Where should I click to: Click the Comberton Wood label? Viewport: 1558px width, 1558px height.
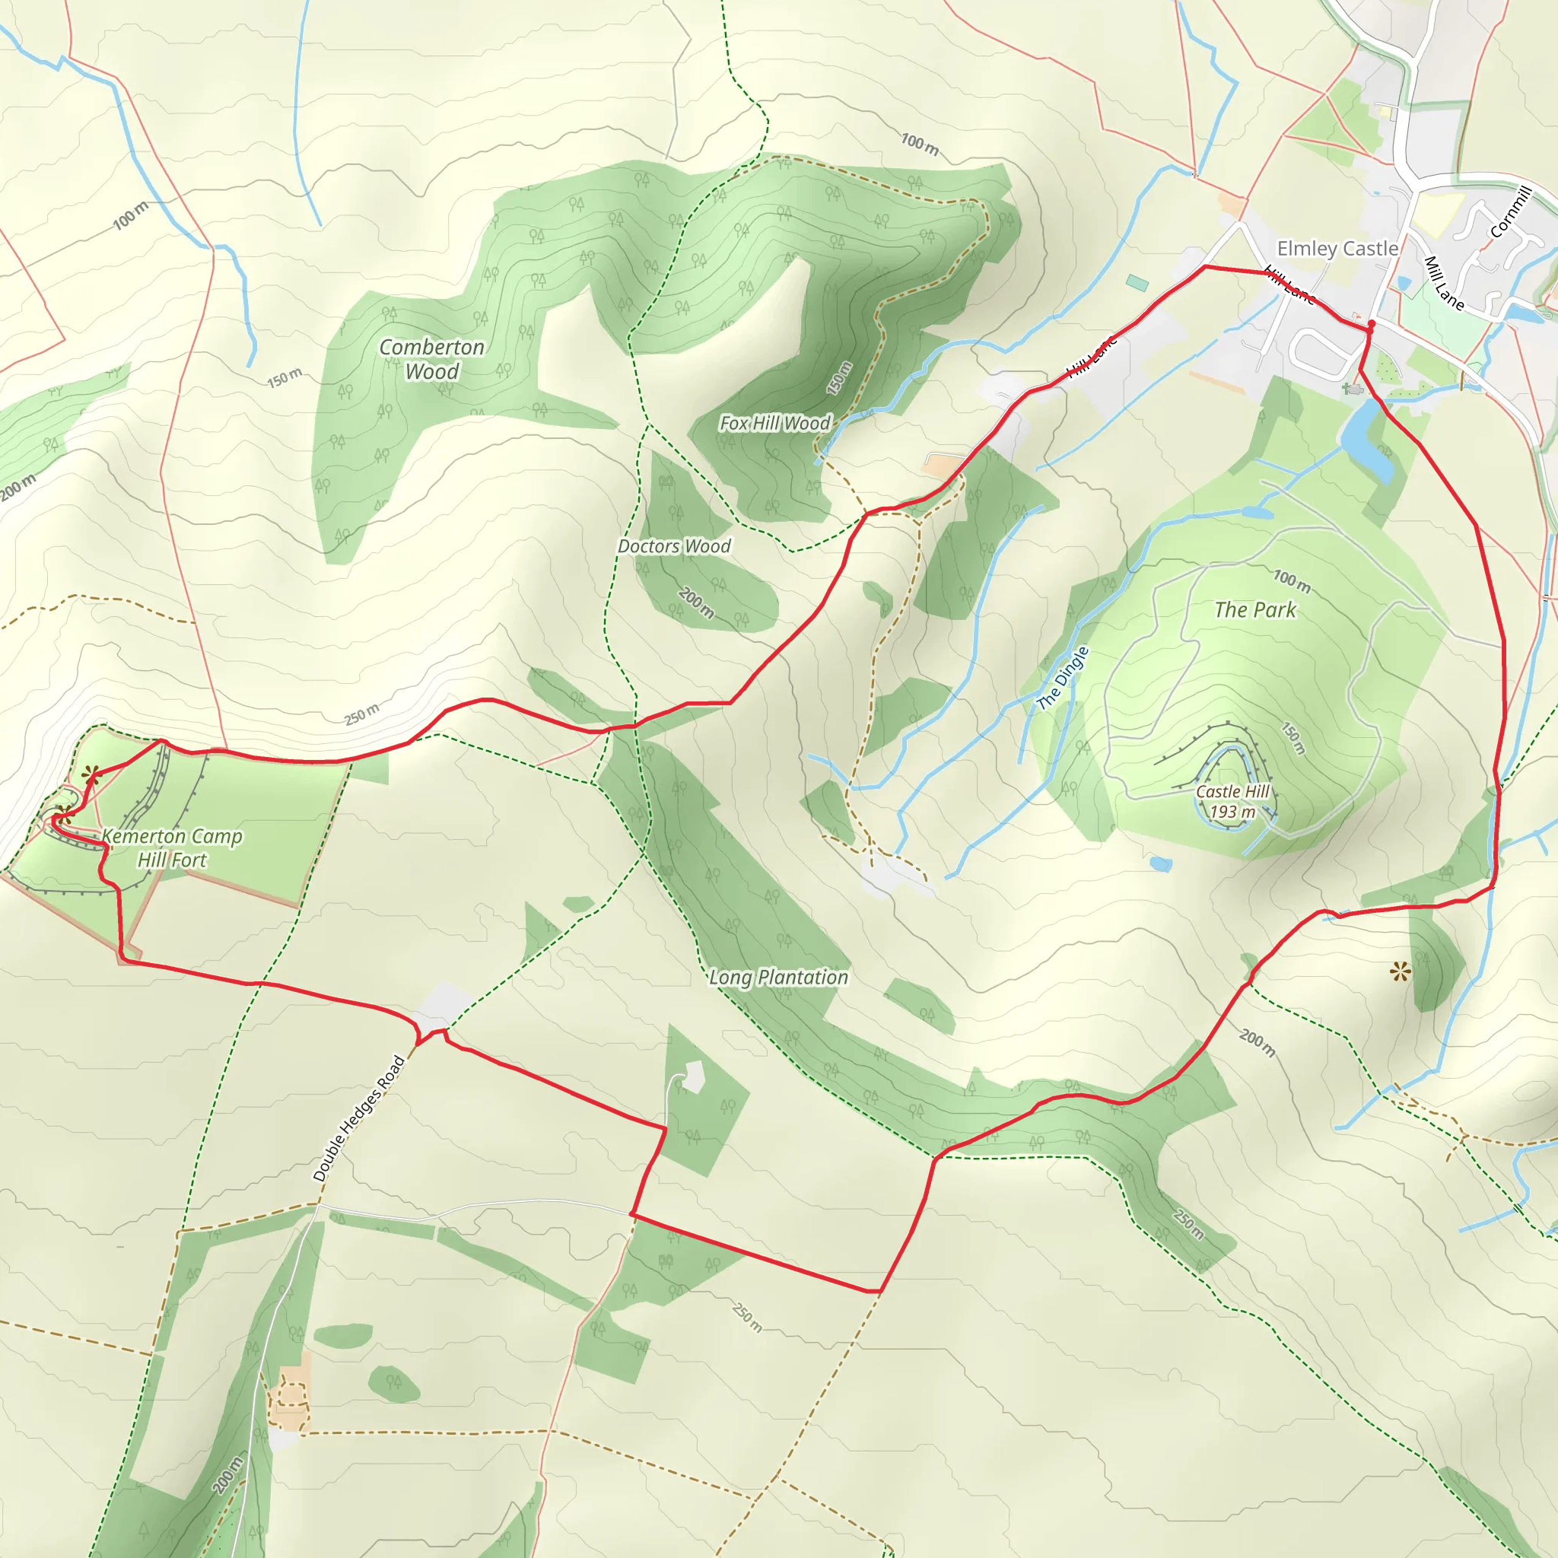[431, 359]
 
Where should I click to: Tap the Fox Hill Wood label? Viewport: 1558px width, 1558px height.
[774, 424]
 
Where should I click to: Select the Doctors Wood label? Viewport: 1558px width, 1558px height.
[674, 547]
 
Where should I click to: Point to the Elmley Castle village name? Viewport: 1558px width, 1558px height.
[1337, 248]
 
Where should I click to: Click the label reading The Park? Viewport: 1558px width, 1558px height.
[1254, 609]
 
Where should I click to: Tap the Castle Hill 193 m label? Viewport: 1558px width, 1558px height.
[1232, 802]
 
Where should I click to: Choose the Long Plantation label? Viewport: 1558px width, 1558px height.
[778, 978]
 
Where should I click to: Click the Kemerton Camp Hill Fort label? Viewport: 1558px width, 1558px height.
[172, 847]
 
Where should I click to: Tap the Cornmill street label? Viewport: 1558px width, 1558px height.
[1510, 212]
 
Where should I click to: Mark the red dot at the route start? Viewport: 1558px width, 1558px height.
[1372, 324]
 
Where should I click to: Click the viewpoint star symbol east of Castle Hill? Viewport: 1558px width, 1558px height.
[1400, 972]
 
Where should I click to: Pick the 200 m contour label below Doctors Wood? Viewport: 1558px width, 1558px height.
[696, 603]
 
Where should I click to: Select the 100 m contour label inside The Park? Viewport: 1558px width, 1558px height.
[1292, 580]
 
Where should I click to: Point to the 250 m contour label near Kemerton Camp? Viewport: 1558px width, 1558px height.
[361, 714]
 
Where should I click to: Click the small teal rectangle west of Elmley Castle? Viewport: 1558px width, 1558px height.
[1137, 283]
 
